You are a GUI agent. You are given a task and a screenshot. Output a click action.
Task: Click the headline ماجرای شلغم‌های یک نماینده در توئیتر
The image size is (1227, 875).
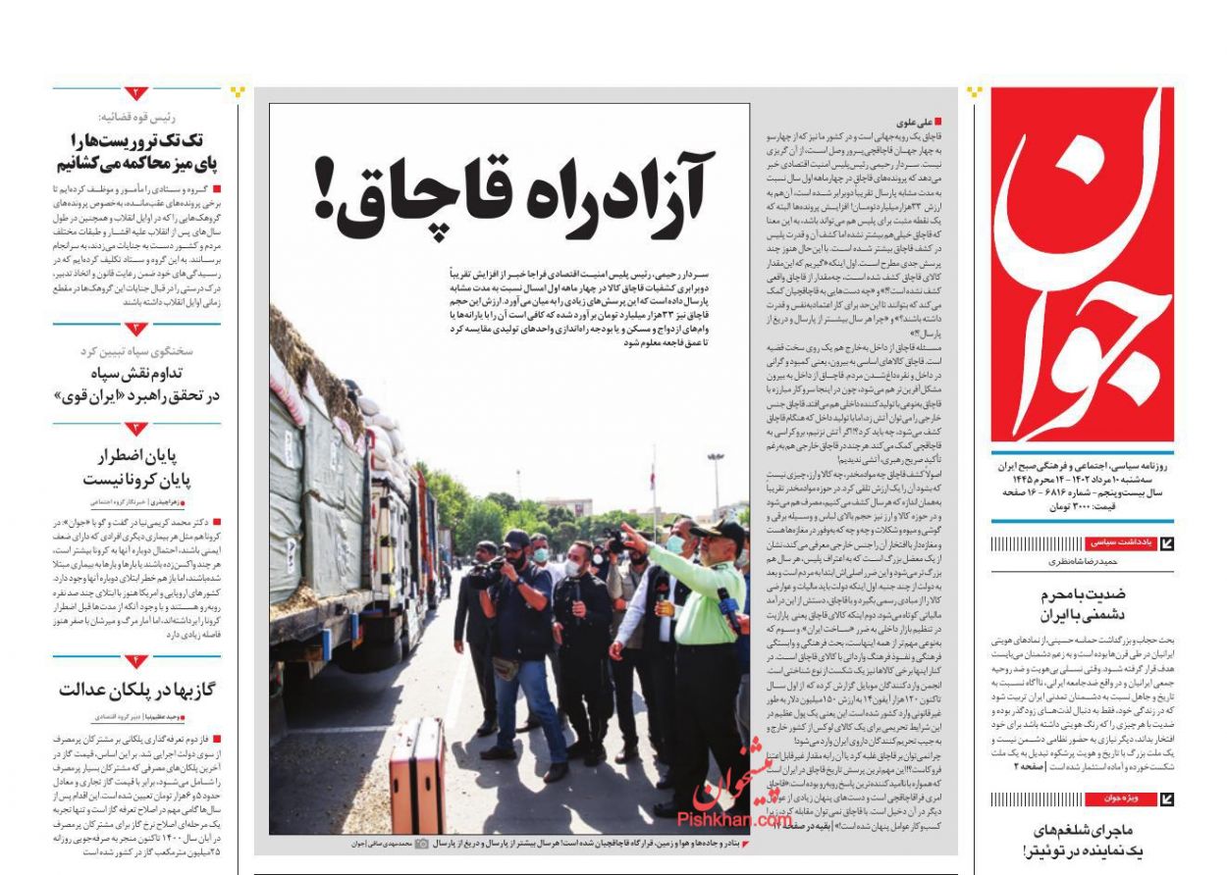point(1083,842)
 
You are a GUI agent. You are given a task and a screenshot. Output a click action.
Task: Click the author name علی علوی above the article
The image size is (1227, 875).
point(913,123)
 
